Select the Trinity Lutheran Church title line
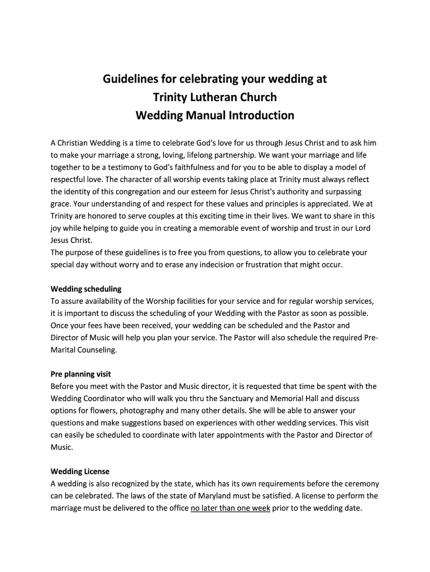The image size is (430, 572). (x=214, y=97)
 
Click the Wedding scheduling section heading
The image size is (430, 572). (x=86, y=289)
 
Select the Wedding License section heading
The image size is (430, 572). (x=80, y=471)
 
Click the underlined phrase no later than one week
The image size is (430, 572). (x=230, y=508)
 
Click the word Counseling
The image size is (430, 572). (x=96, y=350)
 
